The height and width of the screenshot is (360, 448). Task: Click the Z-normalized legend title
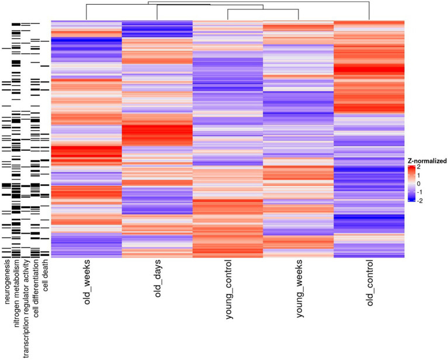427,160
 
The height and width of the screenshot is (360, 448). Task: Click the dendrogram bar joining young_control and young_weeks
263,10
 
